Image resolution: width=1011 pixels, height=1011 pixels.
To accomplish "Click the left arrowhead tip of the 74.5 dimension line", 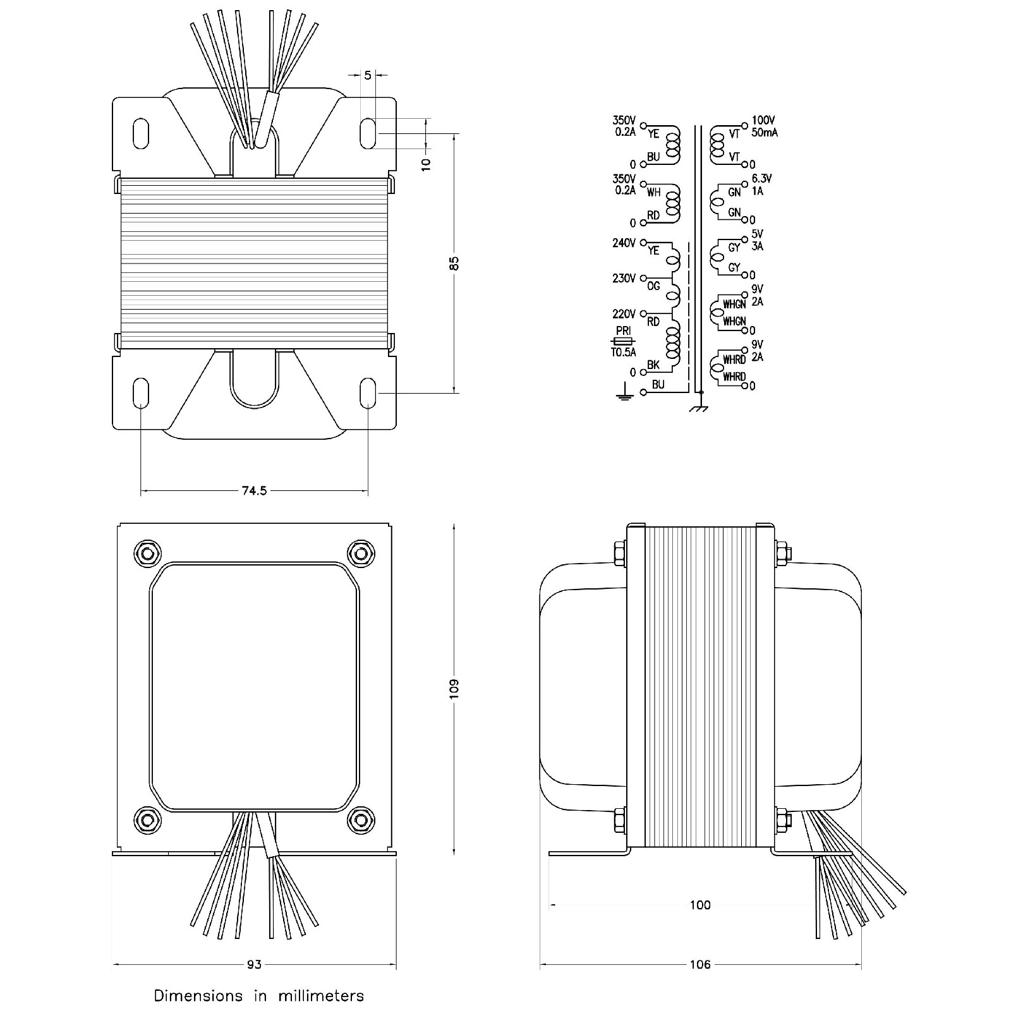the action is pyautogui.click(x=140, y=490).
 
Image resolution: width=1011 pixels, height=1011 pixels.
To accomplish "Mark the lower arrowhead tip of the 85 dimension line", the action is pyautogui.click(x=454, y=392).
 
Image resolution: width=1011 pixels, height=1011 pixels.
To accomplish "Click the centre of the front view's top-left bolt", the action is pyautogui.click(x=147, y=554).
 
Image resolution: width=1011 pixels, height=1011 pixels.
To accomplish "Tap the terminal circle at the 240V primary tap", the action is pyautogui.click(x=644, y=242).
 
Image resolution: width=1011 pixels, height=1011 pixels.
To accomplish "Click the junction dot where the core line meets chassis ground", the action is pyautogui.click(x=701, y=392).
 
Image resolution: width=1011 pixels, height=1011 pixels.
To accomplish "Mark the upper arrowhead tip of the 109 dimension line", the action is pyautogui.click(x=454, y=523).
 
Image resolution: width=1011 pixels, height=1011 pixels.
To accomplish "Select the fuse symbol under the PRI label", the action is pyautogui.click(x=623, y=341).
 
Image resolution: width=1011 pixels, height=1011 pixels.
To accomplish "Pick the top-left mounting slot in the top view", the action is pyautogui.click(x=142, y=133).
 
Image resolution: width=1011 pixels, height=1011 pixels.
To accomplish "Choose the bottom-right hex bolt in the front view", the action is pyautogui.click(x=361, y=820).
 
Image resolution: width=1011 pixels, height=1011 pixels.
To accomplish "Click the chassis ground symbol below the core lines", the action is pyautogui.click(x=699, y=408).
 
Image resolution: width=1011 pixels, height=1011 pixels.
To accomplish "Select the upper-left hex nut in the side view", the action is pyautogui.click(x=619, y=553).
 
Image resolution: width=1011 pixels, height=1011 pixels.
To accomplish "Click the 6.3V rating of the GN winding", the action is pyautogui.click(x=761, y=179).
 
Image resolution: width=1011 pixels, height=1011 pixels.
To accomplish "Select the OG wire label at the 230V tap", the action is pyautogui.click(x=653, y=286).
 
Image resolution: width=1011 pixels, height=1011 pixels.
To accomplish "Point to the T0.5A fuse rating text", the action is pyautogui.click(x=623, y=353).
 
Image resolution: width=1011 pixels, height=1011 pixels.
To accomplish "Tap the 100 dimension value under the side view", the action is pyautogui.click(x=700, y=905).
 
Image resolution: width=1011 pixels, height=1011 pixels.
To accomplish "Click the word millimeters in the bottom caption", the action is pyautogui.click(x=320, y=996).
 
